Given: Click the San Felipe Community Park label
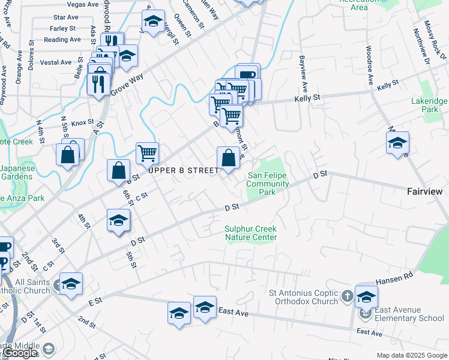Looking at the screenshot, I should pyautogui.click(x=268, y=184).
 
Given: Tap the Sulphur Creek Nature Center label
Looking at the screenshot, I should pyautogui.click(x=251, y=233).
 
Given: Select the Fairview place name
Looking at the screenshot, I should pyautogui.click(x=424, y=191).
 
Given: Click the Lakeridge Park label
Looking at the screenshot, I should pyautogui.click(x=426, y=106).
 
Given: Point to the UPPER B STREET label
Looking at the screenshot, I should pyautogui.click(x=184, y=171).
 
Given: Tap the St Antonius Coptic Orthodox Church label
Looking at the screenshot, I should pyautogui.click(x=303, y=298).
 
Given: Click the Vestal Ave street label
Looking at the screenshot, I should pyautogui.click(x=56, y=62).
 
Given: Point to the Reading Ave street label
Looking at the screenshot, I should pyautogui.click(x=62, y=40).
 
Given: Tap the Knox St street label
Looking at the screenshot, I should pyautogui.click(x=80, y=122).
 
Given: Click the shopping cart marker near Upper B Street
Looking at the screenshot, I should pyautogui.click(x=147, y=153).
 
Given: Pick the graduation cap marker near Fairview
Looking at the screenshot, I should pyautogui.click(x=397, y=143).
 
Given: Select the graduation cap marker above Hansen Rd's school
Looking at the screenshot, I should pyautogui.click(x=366, y=296).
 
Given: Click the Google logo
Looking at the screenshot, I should pyautogui.click(x=20, y=353).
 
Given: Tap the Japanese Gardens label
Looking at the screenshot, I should pyautogui.click(x=17, y=172).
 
